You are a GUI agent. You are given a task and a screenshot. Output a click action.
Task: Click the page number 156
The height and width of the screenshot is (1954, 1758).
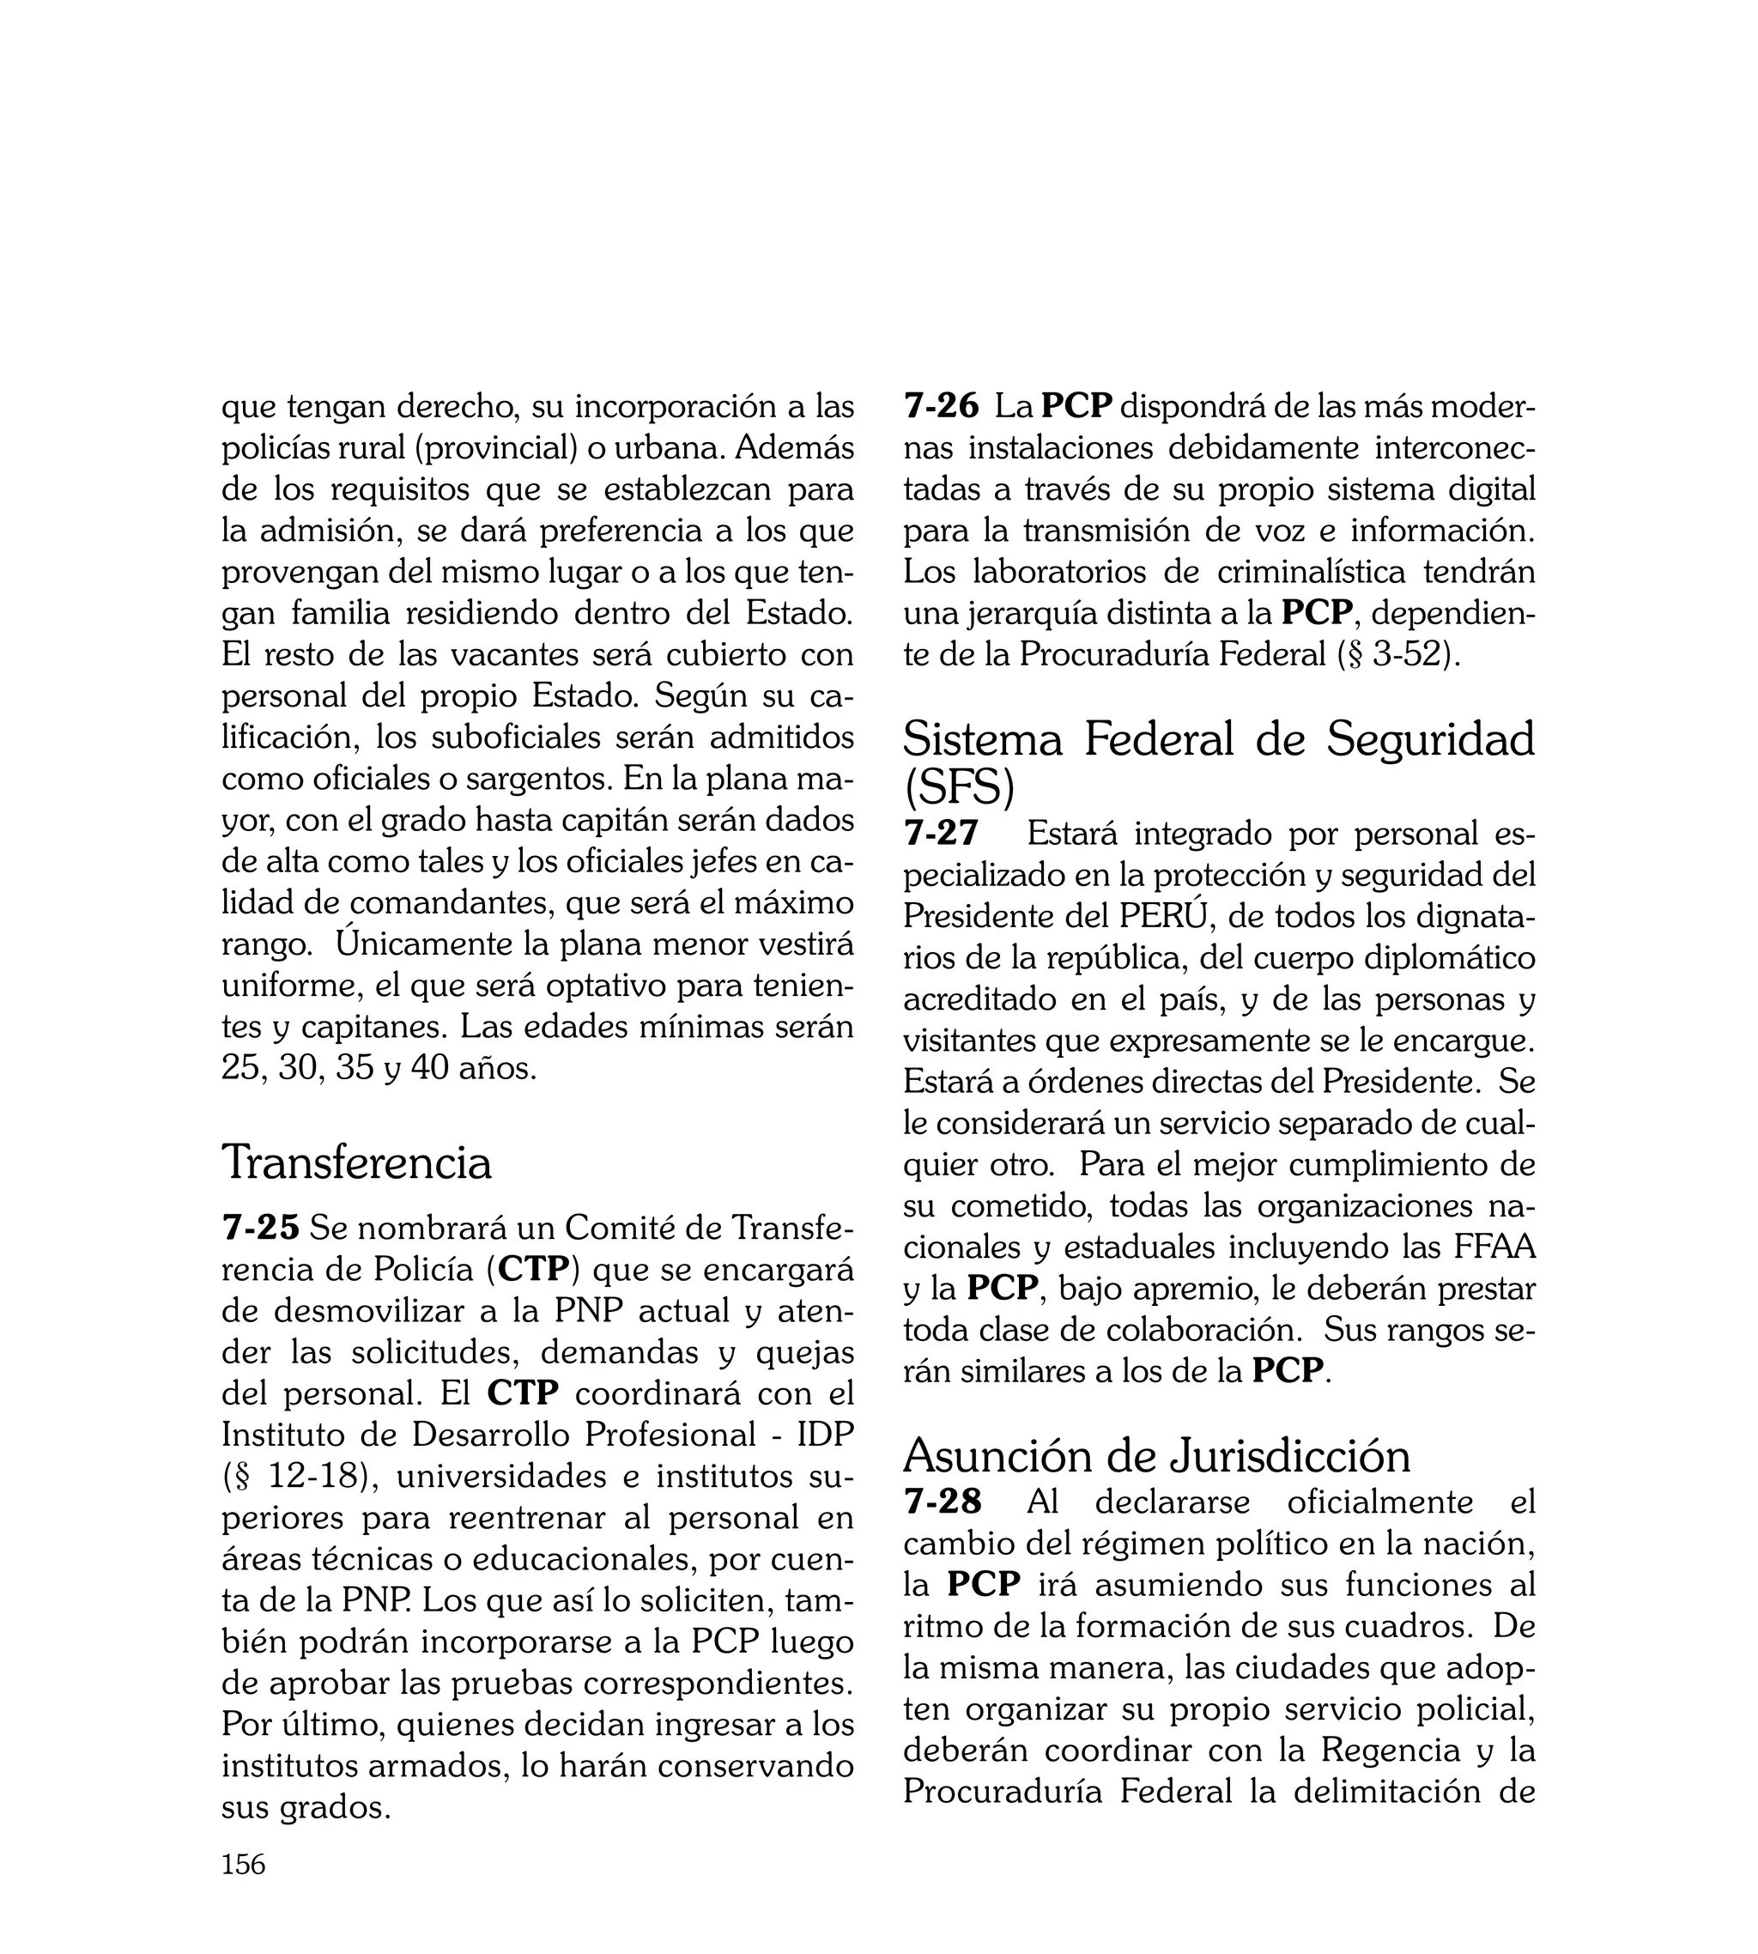244,1890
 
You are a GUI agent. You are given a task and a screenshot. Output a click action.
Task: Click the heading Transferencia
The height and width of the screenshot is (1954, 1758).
356,1161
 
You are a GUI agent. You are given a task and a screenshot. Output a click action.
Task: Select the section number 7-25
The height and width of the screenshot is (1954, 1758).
261,1227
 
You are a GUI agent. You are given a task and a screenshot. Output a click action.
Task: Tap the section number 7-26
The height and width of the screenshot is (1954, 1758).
942,406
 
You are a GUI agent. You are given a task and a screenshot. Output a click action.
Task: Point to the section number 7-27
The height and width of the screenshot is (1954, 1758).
942,833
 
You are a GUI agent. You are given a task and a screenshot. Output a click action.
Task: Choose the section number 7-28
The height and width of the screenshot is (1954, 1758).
943,1501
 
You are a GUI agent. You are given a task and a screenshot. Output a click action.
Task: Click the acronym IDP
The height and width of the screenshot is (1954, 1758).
825,1435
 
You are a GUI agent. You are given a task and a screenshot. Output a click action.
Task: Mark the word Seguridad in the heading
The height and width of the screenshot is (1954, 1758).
1429,740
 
